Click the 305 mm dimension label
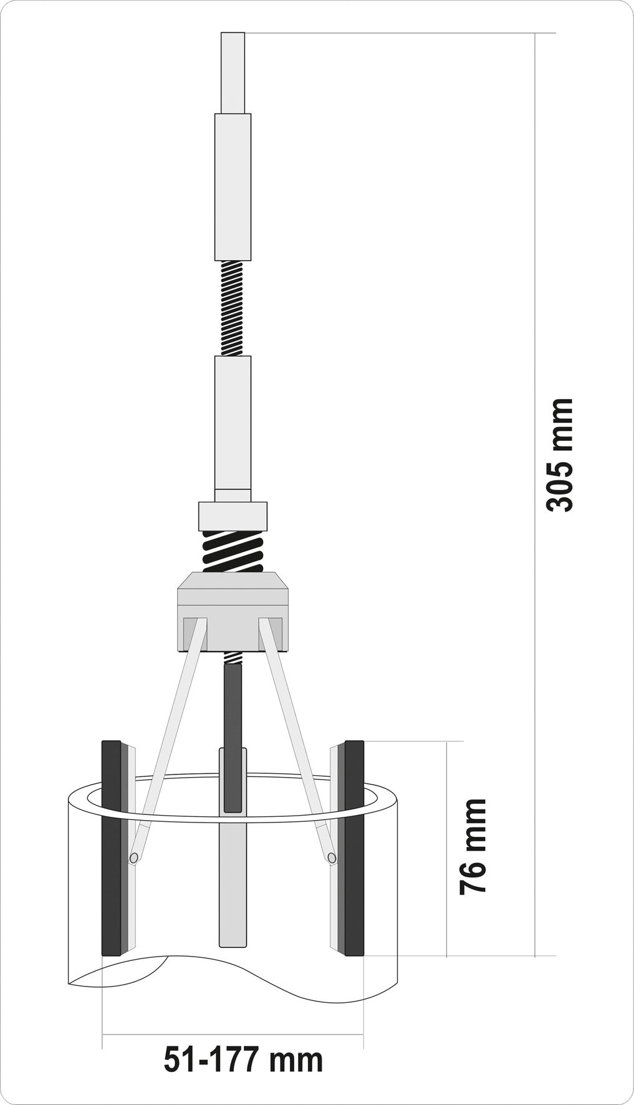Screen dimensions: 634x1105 click(559, 455)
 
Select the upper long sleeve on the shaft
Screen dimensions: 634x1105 click(233, 186)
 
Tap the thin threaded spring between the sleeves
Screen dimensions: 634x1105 click(233, 307)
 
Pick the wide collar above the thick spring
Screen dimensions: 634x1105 click(233, 515)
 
